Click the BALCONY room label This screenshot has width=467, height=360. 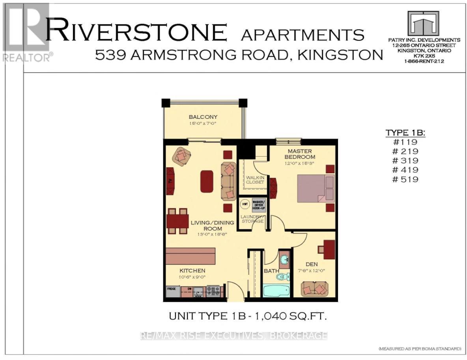(203, 117)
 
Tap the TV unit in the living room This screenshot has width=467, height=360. (170, 181)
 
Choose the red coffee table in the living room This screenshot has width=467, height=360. (207, 181)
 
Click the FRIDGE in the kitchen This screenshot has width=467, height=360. (171, 291)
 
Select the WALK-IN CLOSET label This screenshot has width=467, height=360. (255, 180)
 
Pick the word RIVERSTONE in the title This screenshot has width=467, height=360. (136, 32)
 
